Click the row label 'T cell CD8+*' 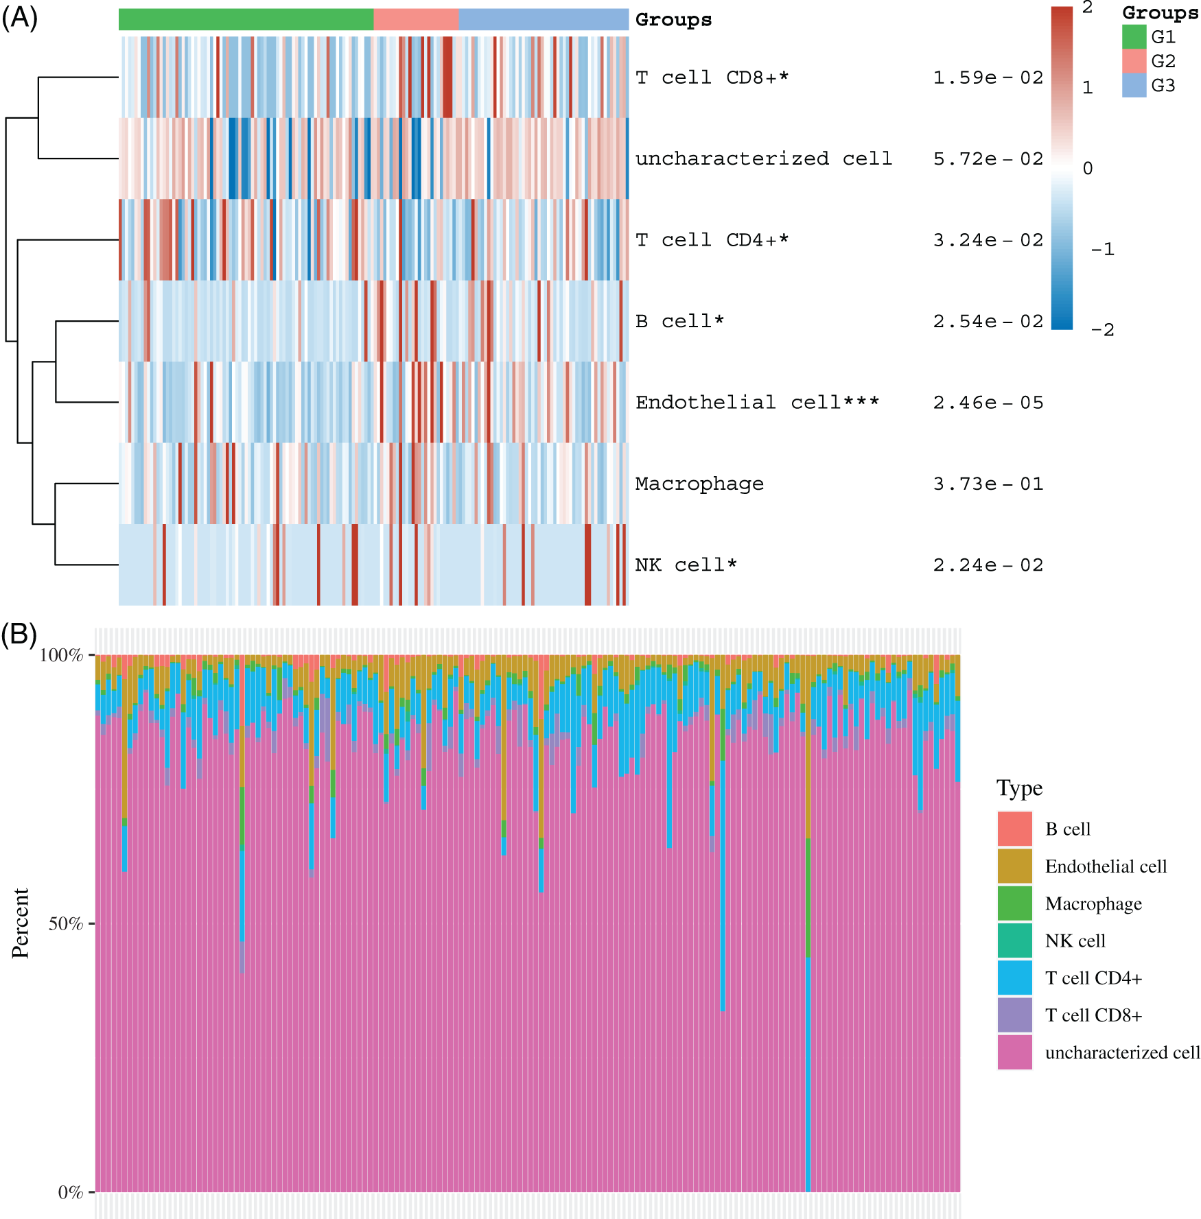click(712, 78)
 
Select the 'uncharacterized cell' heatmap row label click(763, 158)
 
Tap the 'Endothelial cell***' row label click(757, 403)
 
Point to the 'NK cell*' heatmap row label click(686, 565)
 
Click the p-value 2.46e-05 click(988, 403)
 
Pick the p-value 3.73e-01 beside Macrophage click(988, 484)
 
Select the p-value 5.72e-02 click(988, 159)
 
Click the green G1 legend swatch click(1134, 37)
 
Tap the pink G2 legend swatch click(1134, 61)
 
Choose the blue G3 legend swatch click(1134, 85)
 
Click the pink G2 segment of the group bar click(416, 19)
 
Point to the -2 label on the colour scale click(1102, 330)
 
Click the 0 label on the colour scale click(1088, 168)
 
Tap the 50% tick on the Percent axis click(66, 923)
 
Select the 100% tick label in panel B click(61, 655)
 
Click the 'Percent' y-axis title click(21, 923)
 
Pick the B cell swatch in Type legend click(1014, 829)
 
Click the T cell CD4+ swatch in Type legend click(1014, 978)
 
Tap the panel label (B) click(19, 635)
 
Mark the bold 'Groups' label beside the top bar click(673, 20)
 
